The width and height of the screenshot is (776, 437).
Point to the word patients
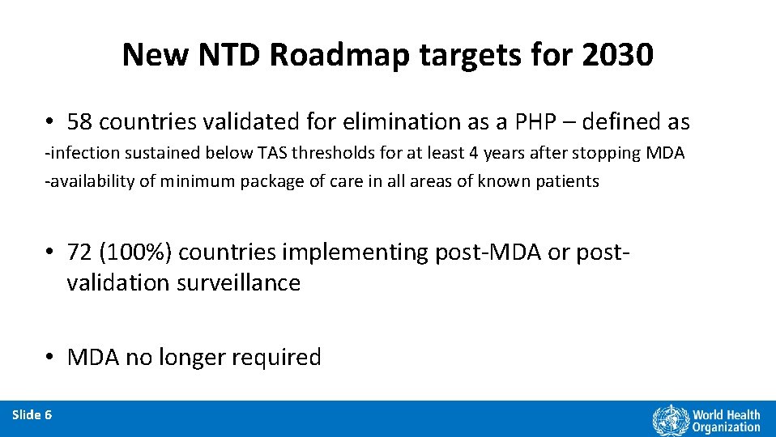coord(570,181)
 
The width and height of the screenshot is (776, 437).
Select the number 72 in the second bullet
coord(81,252)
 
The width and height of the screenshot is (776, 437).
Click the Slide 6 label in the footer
coord(32,415)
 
